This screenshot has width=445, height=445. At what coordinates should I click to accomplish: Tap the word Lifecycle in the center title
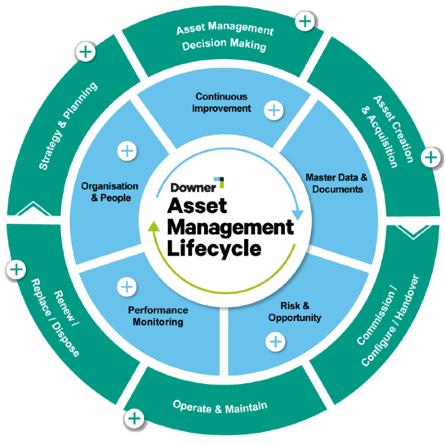click(214, 247)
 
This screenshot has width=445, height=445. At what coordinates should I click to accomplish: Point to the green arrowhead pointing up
click(153, 227)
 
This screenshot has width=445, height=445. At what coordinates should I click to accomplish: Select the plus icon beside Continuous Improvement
click(274, 110)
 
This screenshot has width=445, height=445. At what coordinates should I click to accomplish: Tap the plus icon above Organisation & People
click(127, 151)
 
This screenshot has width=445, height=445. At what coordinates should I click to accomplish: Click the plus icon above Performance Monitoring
click(128, 286)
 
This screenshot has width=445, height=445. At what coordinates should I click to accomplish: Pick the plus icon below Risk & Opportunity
click(275, 342)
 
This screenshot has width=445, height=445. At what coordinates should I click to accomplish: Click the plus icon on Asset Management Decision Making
click(306, 22)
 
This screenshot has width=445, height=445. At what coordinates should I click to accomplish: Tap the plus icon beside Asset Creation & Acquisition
click(430, 157)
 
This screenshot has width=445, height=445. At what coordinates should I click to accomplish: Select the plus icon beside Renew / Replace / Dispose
click(16, 269)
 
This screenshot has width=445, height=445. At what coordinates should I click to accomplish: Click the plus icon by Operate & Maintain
click(134, 418)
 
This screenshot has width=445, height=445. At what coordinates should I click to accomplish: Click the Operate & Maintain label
click(220, 405)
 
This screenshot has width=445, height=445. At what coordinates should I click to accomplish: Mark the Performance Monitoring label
click(158, 316)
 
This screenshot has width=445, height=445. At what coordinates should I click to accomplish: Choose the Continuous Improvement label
click(221, 102)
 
